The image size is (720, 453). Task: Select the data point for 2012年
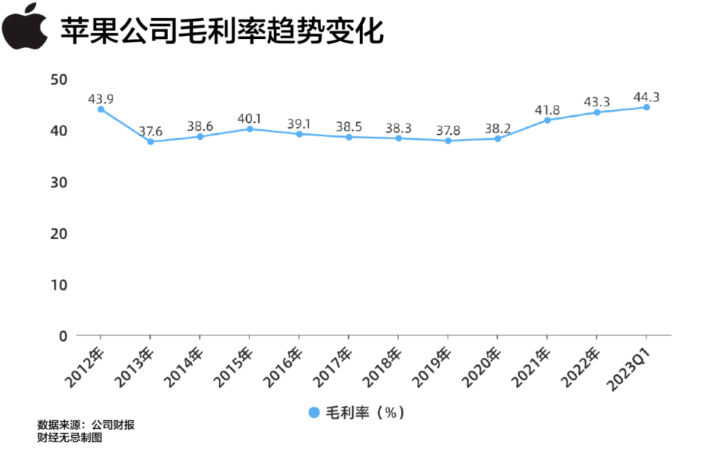click(101, 109)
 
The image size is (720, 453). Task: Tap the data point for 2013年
click(151, 142)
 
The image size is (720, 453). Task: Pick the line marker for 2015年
click(250, 129)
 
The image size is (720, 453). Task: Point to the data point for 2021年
click(547, 120)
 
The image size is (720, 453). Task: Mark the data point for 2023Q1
click(646, 107)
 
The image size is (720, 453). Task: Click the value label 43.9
click(100, 99)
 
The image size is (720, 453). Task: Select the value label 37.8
click(448, 130)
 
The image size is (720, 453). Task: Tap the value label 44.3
click(646, 97)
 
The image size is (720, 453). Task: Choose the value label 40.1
click(250, 118)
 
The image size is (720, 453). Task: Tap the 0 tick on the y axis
click(63, 336)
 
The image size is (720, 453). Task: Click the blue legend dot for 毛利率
click(313, 413)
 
